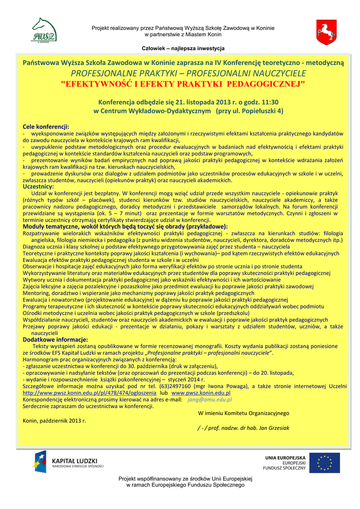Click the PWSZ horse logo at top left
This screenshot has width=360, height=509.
[x=44, y=31]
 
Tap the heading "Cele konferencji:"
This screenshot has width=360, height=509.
[x=46, y=127]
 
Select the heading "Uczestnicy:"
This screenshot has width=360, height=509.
[x=39, y=186]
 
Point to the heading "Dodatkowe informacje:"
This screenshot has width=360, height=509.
[x=55, y=339]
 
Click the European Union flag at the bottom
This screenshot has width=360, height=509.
[x=325, y=462]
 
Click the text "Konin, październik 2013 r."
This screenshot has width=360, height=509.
[x=55, y=421]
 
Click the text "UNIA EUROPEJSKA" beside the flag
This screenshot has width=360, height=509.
[x=285, y=457]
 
